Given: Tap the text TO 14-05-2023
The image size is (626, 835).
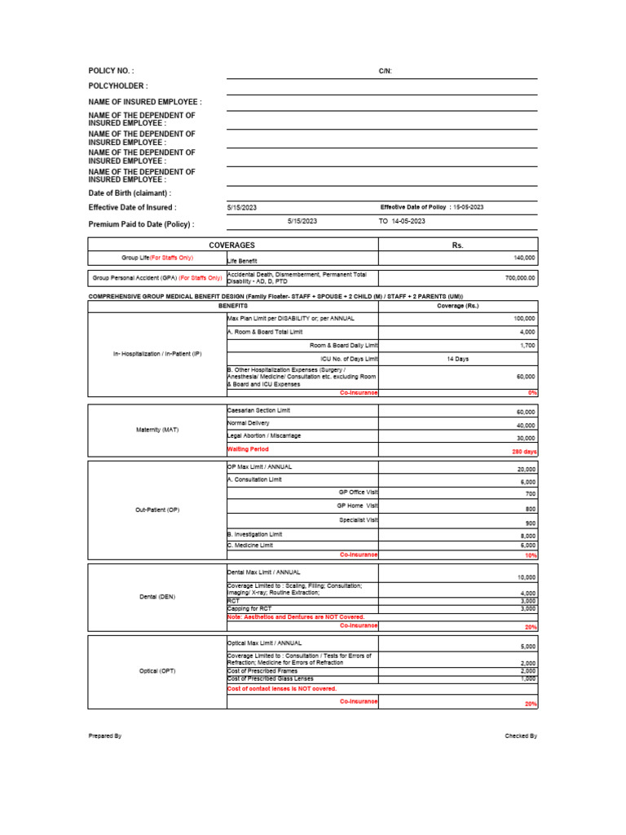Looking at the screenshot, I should (x=403, y=221).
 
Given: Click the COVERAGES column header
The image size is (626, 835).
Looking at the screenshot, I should (x=232, y=245).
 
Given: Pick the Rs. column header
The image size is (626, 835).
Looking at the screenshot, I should (x=457, y=245).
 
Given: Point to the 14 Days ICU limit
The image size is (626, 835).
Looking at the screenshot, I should (x=457, y=359).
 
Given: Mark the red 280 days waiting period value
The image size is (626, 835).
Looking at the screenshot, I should (x=523, y=451).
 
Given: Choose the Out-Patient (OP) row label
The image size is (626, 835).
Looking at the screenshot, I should (x=156, y=510).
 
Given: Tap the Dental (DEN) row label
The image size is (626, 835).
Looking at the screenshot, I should (x=156, y=597).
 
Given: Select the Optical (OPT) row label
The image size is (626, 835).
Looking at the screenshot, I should (x=156, y=671).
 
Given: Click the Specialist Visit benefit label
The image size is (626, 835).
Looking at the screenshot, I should (x=358, y=519).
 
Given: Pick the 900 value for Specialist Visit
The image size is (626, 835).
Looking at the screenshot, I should (x=530, y=523).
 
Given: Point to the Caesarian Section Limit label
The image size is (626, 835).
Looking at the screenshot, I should (x=258, y=409).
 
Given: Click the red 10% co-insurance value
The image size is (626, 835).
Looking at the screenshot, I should (x=530, y=555).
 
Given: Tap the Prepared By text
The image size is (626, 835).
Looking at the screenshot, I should (x=105, y=736).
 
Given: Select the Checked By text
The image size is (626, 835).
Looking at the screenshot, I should (x=521, y=736).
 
